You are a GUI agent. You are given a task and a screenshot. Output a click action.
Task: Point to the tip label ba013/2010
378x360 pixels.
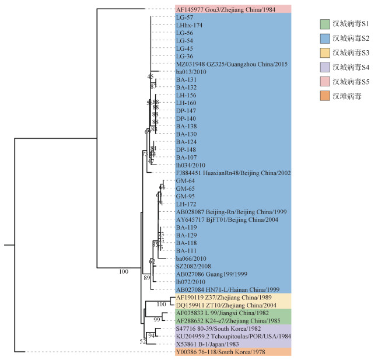pyautogui.click(x=191, y=72)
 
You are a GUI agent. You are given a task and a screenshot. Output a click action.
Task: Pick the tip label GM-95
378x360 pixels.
pyautogui.click(x=185, y=196)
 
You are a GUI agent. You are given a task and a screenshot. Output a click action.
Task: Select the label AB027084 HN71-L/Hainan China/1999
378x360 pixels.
pyautogui.click(x=224, y=289)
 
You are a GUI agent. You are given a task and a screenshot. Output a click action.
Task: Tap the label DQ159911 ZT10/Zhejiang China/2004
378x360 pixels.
pyautogui.click(x=221, y=305)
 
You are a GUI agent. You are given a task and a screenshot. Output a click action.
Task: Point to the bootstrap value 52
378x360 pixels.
pyautogui.click(x=143, y=341)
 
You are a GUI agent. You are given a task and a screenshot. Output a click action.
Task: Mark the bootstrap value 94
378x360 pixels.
pyautogui.click(x=151, y=335)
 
